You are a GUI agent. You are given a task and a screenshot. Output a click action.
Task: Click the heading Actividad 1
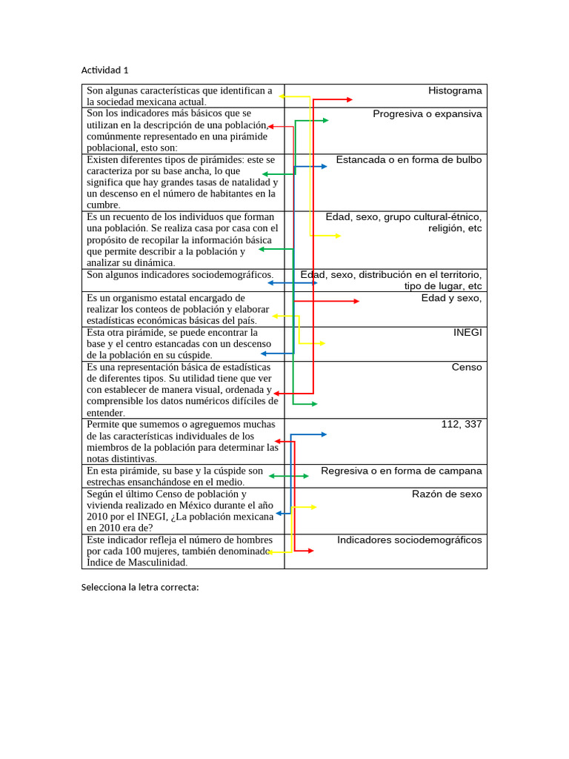point(104,70)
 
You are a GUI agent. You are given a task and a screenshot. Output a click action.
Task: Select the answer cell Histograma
point(454,90)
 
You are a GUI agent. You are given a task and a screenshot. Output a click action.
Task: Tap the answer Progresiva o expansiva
point(427,114)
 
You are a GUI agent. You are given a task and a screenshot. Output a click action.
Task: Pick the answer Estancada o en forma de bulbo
point(408,159)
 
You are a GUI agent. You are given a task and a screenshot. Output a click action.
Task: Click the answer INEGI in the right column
point(467,332)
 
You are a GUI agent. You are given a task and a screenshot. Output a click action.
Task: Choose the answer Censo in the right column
point(466,367)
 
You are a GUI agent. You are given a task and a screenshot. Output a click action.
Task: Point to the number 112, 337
point(461,424)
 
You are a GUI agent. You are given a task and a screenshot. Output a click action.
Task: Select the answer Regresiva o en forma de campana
point(401,471)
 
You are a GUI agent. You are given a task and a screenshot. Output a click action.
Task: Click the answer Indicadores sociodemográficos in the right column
point(409,540)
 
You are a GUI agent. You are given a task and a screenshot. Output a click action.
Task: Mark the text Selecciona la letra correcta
point(140,588)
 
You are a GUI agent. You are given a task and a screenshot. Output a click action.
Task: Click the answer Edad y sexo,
point(451,298)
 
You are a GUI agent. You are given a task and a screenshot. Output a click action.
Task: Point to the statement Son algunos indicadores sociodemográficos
point(180,274)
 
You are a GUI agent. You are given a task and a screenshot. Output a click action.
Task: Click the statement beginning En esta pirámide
point(175,476)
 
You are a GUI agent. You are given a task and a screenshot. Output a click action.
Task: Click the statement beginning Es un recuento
point(182,239)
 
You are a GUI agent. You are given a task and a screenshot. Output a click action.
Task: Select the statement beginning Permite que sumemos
point(182,441)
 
